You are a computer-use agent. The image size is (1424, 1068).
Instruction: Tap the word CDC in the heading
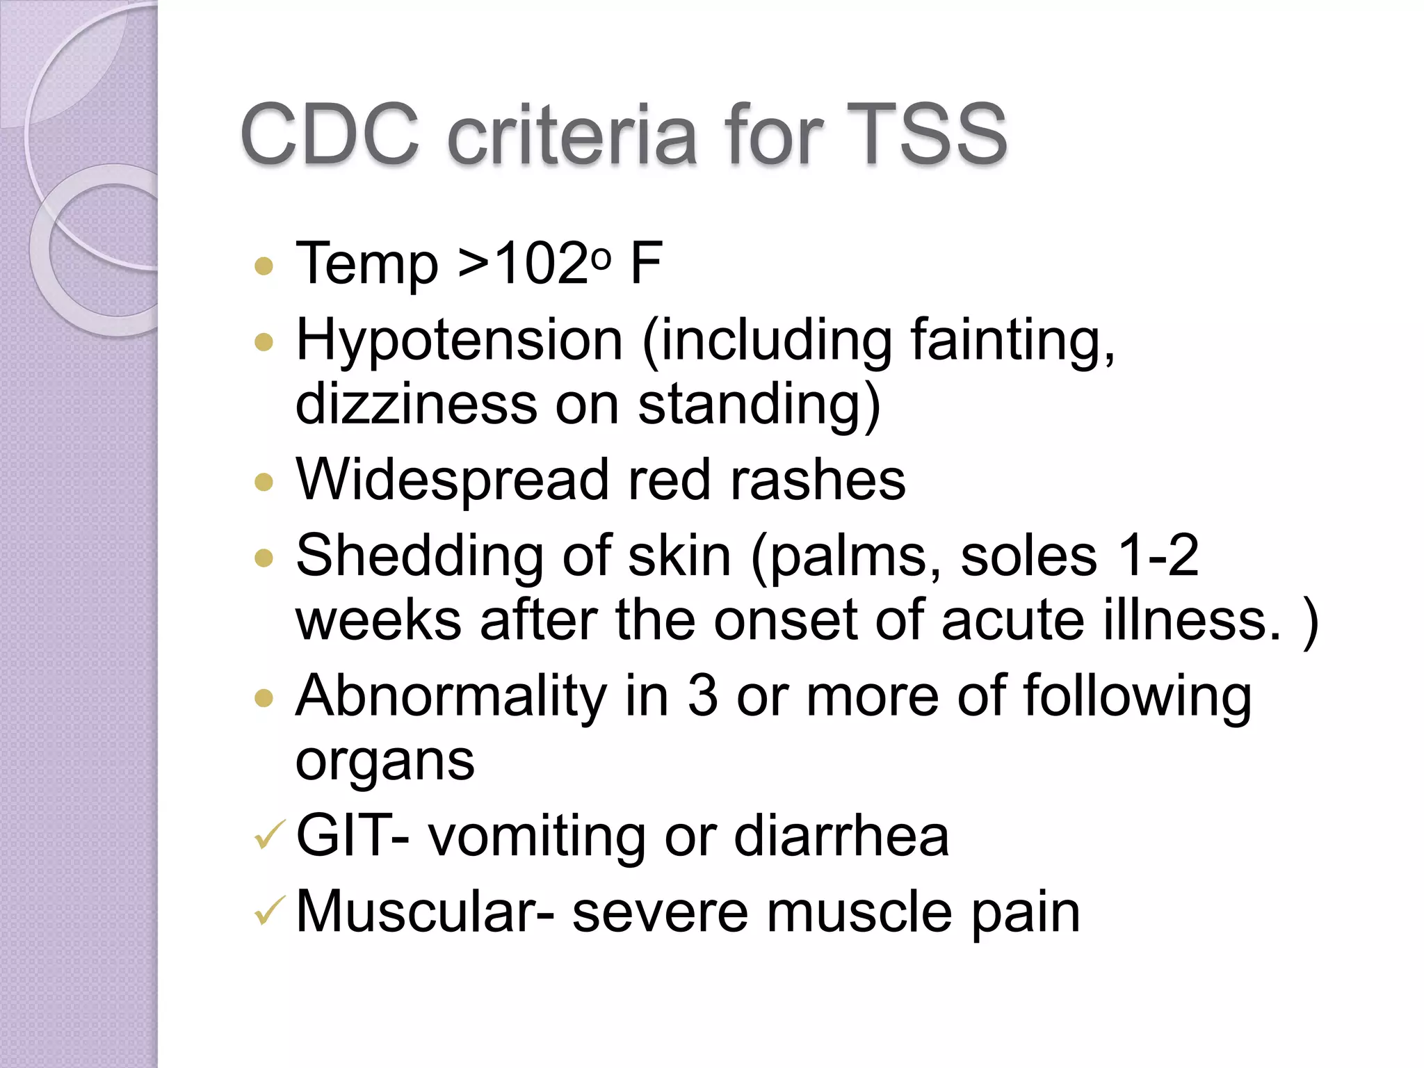pyautogui.click(x=330, y=133)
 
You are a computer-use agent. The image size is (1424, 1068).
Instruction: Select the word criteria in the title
pyautogui.click(x=572, y=133)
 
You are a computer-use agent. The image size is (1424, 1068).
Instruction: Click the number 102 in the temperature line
pyautogui.click(x=542, y=264)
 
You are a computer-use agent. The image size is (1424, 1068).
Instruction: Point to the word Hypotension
pyautogui.click(x=459, y=341)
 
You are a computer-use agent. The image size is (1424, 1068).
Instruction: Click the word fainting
pyautogui.click(x=1012, y=341)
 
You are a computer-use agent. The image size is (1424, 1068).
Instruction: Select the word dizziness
pyautogui.click(x=416, y=404)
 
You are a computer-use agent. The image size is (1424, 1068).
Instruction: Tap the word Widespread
pyautogui.click(x=452, y=480)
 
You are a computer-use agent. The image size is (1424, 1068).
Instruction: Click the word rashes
pyautogui.click(x=818, y=480)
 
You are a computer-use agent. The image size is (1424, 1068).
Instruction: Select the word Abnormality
pyautogui.click(x=451, y=696)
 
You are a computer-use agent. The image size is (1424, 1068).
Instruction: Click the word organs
pyautogui.click(x=385, y=761)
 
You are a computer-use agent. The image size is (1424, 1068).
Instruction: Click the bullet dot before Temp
pyautogui.click(x=264, y=266)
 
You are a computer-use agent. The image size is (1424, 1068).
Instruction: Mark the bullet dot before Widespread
pyautogui.click(x=264, y=482)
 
